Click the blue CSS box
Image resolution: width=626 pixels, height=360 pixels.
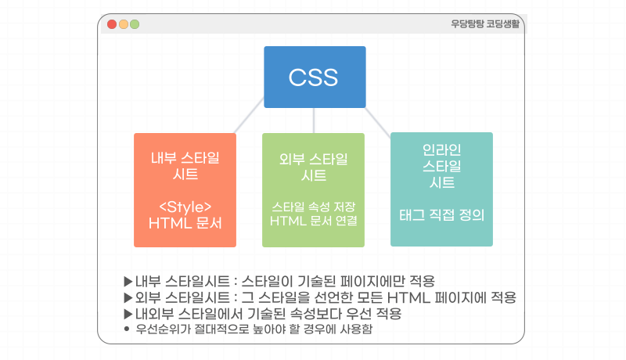click(315, 77)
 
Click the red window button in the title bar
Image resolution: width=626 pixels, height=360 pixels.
click(112, 24)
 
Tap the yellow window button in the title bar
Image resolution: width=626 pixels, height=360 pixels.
click(124, 24)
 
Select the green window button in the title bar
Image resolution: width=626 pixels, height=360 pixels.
click(135, 24)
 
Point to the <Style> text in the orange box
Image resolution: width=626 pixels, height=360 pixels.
click(185, 207)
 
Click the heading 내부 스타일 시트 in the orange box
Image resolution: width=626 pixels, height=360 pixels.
click(185, 165)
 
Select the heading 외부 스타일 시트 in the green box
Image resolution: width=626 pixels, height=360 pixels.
click(313, 167)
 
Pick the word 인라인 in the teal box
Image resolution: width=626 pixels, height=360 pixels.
click(441, 149)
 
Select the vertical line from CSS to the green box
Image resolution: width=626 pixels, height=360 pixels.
click(314, 120)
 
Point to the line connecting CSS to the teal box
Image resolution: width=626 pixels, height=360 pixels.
click(379, 122)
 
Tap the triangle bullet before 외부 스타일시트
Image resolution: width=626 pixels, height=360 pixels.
click(128, 297)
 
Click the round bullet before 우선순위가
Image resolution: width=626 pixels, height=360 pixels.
click(128, 329)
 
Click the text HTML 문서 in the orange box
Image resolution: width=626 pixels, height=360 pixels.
click(185, 222)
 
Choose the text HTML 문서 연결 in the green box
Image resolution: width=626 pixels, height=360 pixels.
click(313, 221)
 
